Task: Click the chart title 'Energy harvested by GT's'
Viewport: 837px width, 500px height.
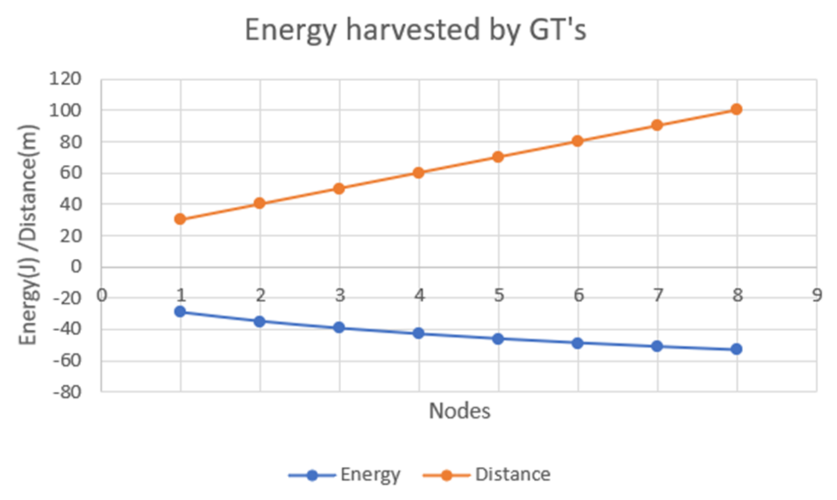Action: click(x=415, y=31)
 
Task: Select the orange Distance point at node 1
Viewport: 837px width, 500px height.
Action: click(x=180, y=219)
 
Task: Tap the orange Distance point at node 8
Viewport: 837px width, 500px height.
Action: click(x=737, y=109)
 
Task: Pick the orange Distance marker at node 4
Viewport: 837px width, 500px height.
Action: click(x=418, y=172)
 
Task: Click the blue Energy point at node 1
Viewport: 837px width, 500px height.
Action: click(x=180, y=311)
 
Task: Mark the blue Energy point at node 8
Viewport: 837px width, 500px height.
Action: click(x=737, y=349)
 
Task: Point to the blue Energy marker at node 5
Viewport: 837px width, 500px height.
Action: click(x=498, y=339)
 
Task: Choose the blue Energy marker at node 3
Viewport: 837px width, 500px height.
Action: click(x=339, y=328)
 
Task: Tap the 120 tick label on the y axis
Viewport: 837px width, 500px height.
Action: click(x=65, y=79)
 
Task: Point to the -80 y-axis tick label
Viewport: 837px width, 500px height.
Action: click(x=67, y=392)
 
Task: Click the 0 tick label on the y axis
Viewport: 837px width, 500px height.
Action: click(x=76, y=267)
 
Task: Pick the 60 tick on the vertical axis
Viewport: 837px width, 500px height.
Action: click(x=71, y=172)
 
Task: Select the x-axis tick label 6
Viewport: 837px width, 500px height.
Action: click(x=578, y=295)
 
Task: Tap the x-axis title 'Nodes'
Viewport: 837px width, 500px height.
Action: click(x=459, y=411)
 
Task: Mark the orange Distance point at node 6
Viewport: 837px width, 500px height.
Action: click(x=578, y=141)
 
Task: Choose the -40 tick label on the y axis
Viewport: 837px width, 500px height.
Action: click(x=67, y=329)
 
